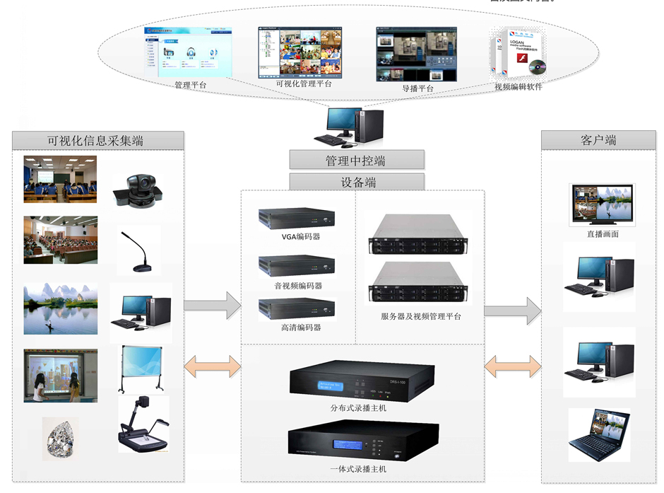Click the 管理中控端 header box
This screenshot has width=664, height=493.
point(356,160)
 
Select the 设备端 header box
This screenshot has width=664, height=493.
point(356,182)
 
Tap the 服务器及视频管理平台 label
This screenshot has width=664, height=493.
point(420,317)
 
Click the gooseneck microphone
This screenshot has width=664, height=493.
point(139,251)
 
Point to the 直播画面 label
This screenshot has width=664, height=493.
point(603,234)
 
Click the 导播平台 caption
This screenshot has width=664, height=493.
point(417,88)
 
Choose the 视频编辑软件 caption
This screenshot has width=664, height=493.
point(518,87)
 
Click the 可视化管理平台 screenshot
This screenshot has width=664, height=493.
point(303,53)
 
